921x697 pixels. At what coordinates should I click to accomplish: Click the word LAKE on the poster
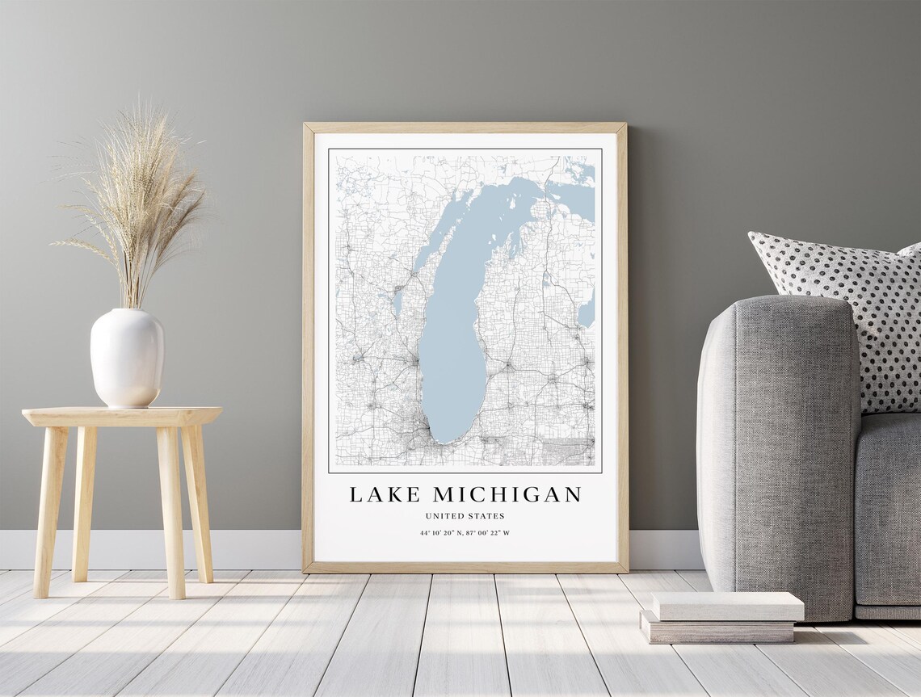pos(385,494)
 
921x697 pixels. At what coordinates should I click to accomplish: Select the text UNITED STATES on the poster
pos(465,516)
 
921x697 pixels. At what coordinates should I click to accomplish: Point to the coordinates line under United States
pos(465,533)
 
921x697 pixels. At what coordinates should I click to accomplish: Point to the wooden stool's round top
pos(121,415)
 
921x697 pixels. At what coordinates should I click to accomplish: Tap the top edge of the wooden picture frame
pos(465,127)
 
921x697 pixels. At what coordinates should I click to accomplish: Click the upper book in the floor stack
pos(727,606)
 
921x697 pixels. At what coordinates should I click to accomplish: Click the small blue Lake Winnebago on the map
pos(397,302)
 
